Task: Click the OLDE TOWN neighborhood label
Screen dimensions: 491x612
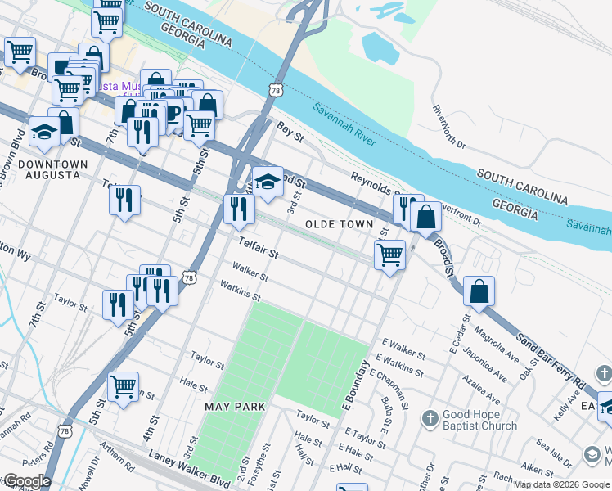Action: tap(339, 224)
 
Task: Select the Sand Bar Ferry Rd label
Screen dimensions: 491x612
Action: tap(550, 360)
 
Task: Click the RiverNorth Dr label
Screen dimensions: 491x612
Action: tap(449, 127)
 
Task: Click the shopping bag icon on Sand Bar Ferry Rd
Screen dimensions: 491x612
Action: tap(479, 290)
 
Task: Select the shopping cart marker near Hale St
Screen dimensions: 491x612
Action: tap(123, 385)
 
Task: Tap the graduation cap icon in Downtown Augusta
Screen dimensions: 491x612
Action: tap(43, 131)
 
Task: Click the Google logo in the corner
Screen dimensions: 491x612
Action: tap(26, 481)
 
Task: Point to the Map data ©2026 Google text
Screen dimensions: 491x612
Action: tap(560, 484)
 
